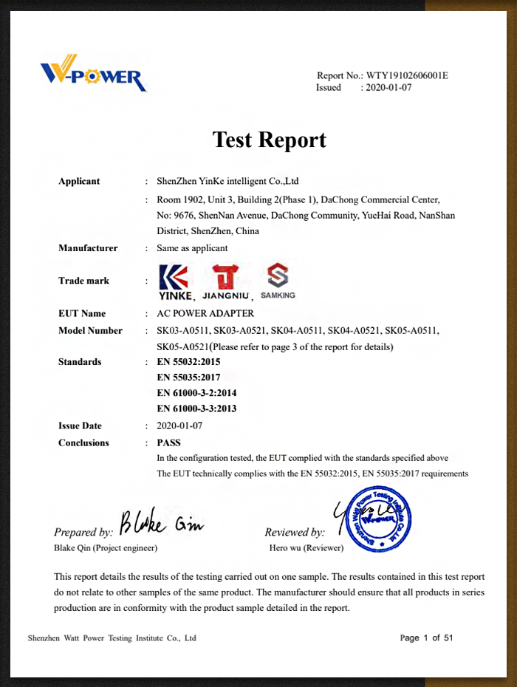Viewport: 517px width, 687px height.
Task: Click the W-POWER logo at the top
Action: click(92, 73)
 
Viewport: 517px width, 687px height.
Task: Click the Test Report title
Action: click(269, 139)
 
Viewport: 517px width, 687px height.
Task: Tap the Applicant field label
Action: click(79, 181)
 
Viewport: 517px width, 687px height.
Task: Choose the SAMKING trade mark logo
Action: click(278, 281)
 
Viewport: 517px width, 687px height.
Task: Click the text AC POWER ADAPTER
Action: click(205, 313)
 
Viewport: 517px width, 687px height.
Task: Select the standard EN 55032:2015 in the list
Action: click(188, 362)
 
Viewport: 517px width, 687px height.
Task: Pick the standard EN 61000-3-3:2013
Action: click(196, 409)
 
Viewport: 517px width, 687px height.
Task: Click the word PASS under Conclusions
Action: click(169, 442)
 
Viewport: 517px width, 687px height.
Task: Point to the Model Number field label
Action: click(90, 330)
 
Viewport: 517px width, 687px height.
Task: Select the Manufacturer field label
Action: click(88, 248)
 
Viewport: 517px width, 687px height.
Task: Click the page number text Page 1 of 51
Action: click(426, 638)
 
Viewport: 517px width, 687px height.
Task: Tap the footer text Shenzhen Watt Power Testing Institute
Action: click(112, 638)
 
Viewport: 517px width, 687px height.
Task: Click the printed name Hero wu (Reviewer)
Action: click(307, 548)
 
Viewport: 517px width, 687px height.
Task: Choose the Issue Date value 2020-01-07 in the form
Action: click(179, 425)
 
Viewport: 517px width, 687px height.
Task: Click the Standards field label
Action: click(80, 362)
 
